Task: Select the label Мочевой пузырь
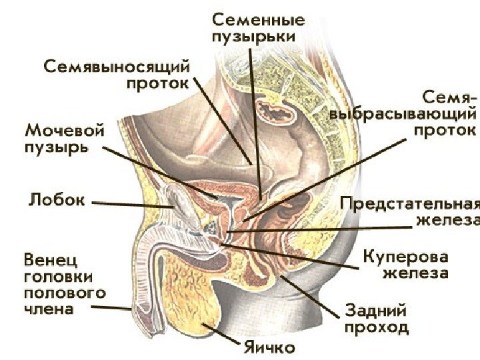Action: click(56, 136)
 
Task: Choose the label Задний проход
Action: click(376, 319)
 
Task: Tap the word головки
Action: click(57, 275)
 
